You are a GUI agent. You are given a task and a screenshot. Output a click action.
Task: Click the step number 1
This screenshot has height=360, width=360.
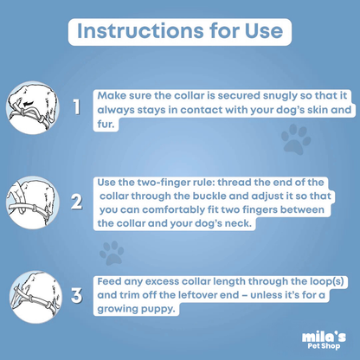(76, 107)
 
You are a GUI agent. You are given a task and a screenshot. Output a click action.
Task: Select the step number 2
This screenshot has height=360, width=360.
(77, 202)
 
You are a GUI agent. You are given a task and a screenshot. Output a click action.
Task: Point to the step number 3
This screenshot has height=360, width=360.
(77, 295)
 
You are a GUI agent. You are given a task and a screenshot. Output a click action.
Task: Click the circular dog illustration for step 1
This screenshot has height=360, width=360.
(33, 107)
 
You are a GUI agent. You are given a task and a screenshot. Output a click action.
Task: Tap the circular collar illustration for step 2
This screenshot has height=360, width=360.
(33, 202)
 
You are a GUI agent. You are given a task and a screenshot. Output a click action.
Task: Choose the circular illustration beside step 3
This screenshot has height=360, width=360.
(35, 297)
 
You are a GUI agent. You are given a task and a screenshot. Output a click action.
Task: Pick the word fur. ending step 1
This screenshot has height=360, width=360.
(106, 125)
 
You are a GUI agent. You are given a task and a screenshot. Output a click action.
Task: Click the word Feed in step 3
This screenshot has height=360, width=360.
(108, 281)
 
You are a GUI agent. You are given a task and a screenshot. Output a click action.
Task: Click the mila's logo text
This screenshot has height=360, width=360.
(324, 337)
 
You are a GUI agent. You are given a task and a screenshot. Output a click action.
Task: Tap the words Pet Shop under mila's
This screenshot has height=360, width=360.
(324, 345)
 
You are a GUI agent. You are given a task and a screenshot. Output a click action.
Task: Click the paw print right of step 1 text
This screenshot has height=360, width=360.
(296, 139)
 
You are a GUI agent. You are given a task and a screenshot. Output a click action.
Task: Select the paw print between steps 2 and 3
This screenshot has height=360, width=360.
(112, 253)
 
